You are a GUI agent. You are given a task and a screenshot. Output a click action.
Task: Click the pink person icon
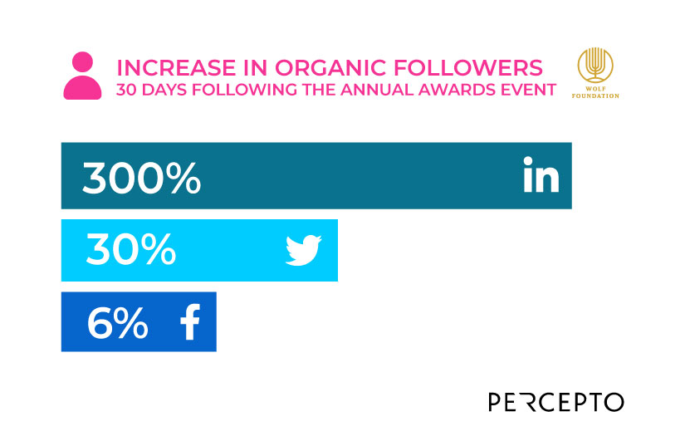click(82, 76)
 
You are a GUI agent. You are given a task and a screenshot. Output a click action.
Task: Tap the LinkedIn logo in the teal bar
click(541, 176)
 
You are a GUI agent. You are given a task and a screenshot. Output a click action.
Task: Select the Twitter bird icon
click(303, 250)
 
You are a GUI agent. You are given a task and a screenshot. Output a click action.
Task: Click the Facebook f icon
click(190, 322)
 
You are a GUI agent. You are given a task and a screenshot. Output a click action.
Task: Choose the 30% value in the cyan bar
click(130, 250)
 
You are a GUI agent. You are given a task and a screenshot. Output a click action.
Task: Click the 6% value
click(117, 322)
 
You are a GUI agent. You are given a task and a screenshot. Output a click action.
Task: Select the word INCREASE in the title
click(170, 67)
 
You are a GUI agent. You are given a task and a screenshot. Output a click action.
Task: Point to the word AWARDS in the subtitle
click(467, 90)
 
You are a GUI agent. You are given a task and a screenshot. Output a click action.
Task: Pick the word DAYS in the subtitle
click(164, 90)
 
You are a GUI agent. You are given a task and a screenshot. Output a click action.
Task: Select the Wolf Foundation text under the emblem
click(597, 91)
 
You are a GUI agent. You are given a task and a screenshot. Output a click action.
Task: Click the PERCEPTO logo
click(555, 402)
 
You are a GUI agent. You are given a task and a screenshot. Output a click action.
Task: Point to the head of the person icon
click(82, 62)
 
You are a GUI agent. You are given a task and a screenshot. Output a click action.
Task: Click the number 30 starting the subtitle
click(127, 90)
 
